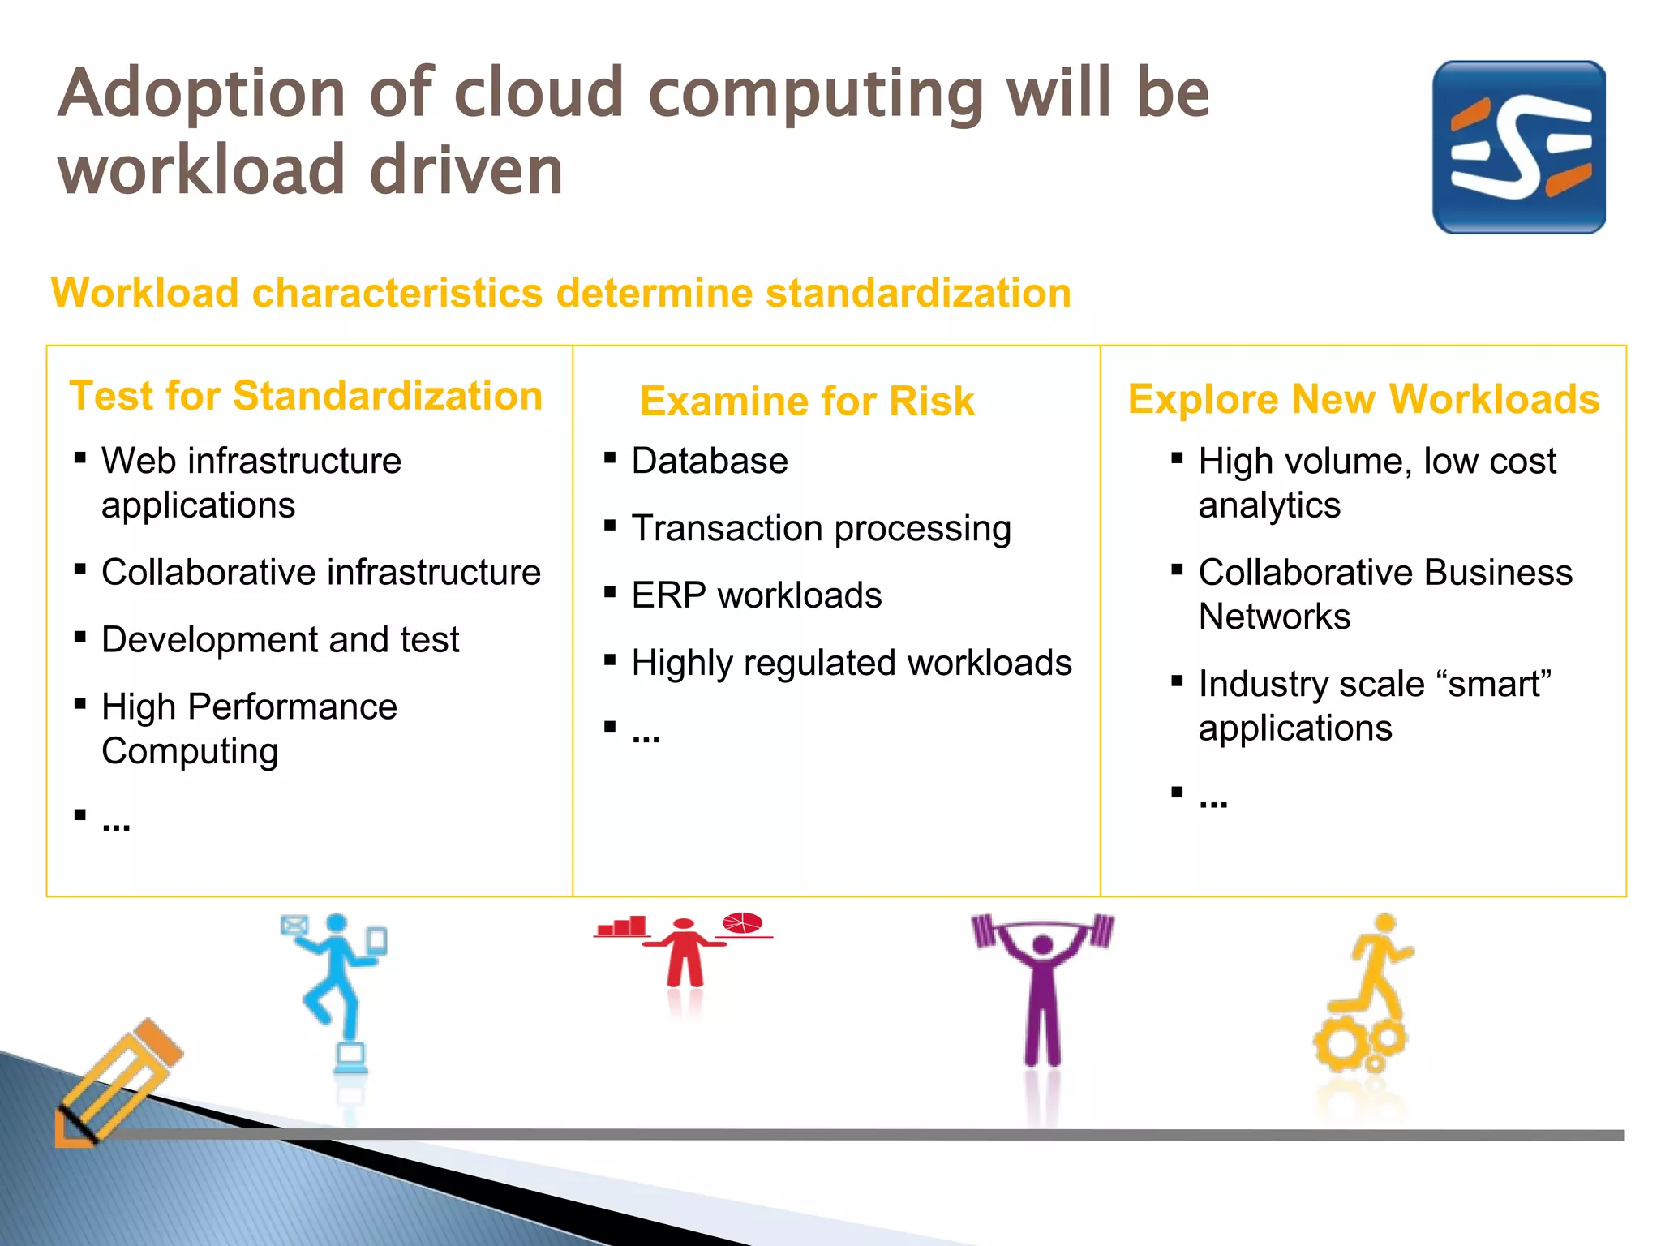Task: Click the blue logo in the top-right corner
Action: (1518, 147)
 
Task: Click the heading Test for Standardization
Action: (306, 396)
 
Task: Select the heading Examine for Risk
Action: (807, 401)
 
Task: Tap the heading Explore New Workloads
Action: (1363, 398)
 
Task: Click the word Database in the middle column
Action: (710, 461)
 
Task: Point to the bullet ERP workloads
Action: (756, 595)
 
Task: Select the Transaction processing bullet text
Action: (821, 528)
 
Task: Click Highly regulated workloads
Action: (852, 663)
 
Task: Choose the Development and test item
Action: (280, 639)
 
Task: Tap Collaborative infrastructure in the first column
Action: (321, 572)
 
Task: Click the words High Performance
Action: (249, 707)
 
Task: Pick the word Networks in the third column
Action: (1274, 617)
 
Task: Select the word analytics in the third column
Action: (1269, 505)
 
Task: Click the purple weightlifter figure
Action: (1042, 986)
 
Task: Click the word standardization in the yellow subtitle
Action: (918, 293)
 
